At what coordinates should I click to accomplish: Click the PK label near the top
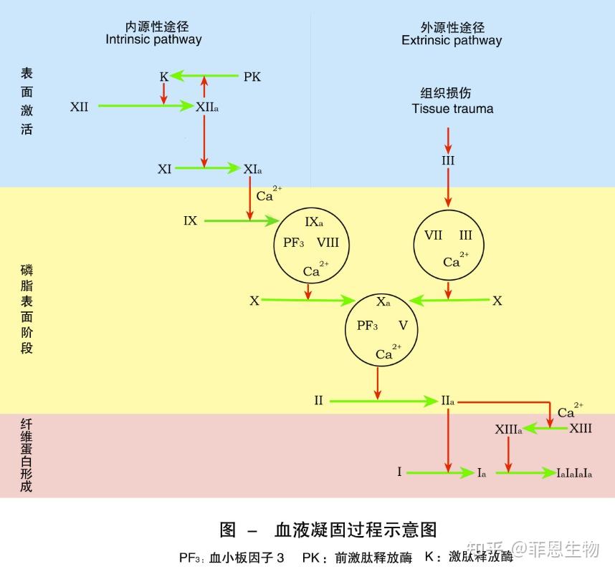click(252, 77)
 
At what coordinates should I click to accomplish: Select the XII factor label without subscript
click(80, 107)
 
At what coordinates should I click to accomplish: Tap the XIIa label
click(207, 107)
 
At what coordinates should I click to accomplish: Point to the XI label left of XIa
click(165, 170)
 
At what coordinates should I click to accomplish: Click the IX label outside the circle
click(190, 221)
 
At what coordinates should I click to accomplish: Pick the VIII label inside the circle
click(328, 243)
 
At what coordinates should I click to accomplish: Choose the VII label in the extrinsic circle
click(433, 235)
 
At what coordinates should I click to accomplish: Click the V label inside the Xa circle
click(403, 326)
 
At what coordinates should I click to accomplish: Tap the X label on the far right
click(497, 301)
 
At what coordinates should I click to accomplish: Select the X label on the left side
click(254, 301)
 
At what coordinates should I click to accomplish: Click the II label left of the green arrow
click(318, 401)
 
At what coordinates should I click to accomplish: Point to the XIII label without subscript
click(581, 429)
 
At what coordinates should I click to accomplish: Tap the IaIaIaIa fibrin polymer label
click(574, 473)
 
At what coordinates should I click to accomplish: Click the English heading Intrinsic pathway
click(153, 40)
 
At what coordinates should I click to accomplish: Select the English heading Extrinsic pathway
click(452, 40)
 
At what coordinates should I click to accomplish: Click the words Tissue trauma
click(452, 109)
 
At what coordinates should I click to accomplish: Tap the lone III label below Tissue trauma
click(448, 161)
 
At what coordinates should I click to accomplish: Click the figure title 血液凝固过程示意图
click(356, 530)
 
